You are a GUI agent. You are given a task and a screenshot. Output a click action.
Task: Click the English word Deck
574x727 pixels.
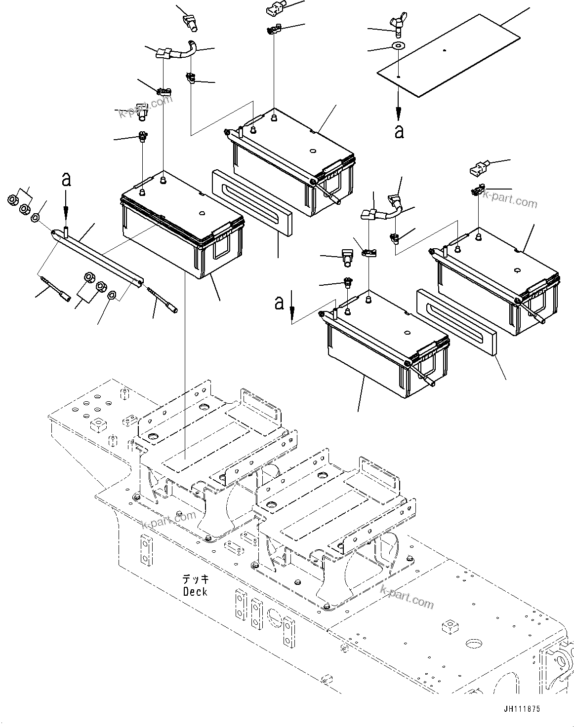pyautogui.click(x=195, y=591)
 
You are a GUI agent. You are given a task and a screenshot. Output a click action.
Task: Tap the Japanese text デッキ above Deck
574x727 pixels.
pyautogui.click(x=195, y=579)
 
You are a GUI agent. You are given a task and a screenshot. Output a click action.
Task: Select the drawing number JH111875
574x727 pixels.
pyautogui.click(x=522, y=709)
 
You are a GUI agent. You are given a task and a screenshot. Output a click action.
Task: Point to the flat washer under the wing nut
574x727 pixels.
pyautogui.click(x=398, y=46)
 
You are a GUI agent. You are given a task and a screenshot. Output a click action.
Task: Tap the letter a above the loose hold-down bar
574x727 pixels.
pyautogui.click(x=66, y=180)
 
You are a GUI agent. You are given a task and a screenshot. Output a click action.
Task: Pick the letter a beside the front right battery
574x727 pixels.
pyautogui.click(x=279, y=302)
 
